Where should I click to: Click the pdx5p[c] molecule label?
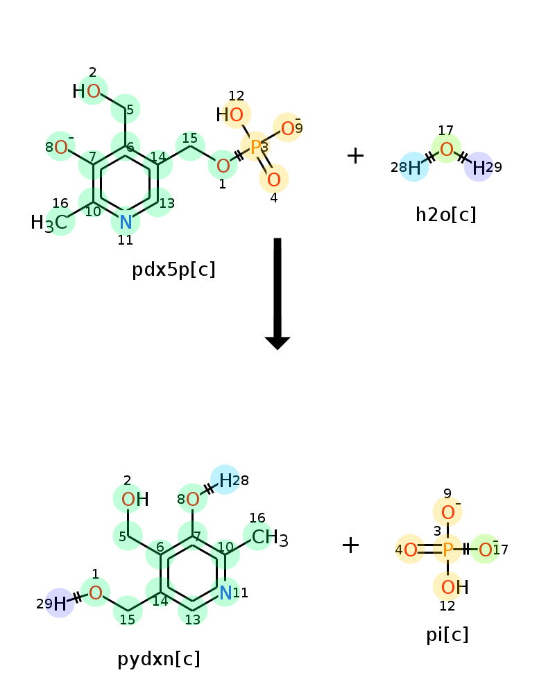(173, 269)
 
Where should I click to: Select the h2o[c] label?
(445, 215)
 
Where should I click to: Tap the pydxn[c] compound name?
(159, 659)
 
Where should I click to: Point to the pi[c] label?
(447, 635)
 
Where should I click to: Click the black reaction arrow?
(277, 294)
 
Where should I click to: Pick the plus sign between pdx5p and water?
(355, 155)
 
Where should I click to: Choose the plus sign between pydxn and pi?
(350, 545)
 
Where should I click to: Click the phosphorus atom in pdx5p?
(255, 147)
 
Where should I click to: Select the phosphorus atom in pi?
(447, 550)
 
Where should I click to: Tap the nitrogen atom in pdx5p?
(126, 222)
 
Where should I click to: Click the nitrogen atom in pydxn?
(225, 593)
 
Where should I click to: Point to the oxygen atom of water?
(447, 150)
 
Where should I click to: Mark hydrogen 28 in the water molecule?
(414, 168)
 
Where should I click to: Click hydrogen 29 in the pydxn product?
(60, 604)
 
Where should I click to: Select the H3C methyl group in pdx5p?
(49, 222)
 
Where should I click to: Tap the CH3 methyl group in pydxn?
(270, 538)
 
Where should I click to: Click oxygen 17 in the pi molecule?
(486, 550)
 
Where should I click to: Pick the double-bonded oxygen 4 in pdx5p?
(274, 179)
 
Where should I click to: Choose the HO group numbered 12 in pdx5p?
(230, 115)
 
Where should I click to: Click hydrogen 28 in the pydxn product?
(225, 480)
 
